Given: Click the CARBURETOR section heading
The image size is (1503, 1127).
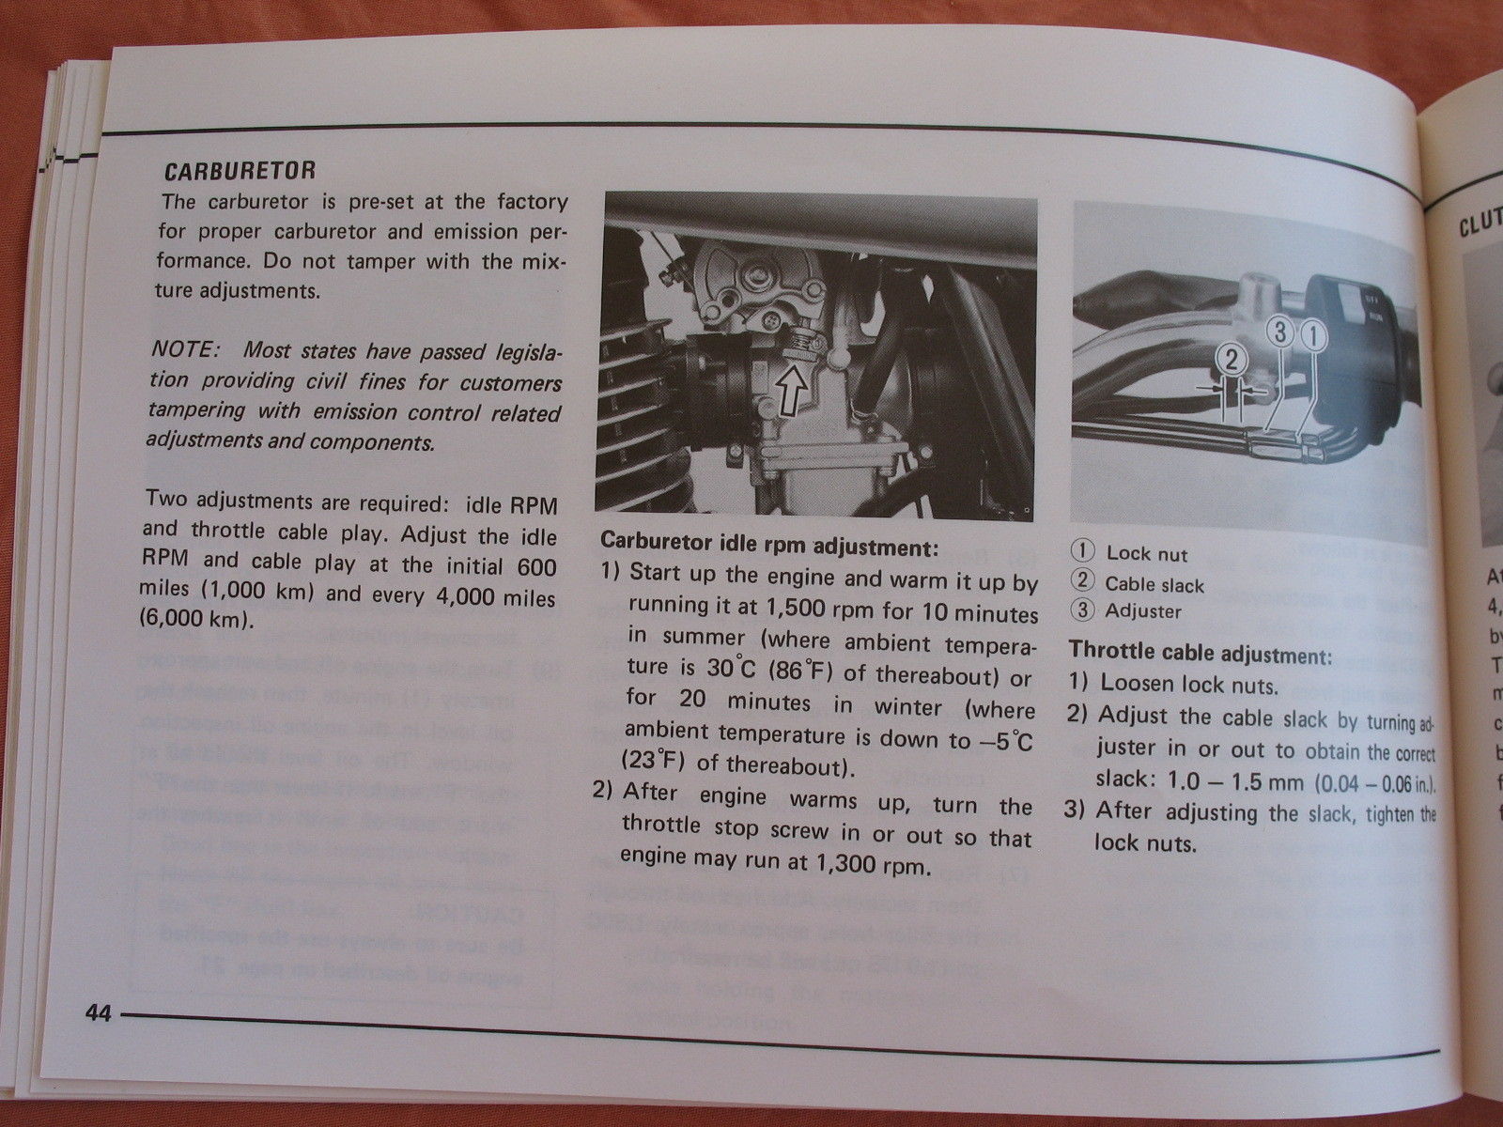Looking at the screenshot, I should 239,172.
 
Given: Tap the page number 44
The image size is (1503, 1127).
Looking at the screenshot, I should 97,1014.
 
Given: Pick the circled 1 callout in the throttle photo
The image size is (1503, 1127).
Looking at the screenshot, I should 1313,332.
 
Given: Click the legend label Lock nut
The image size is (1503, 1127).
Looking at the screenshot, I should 1146,554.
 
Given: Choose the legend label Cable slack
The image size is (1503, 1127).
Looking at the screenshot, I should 1154,584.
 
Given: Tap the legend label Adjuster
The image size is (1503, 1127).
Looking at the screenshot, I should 1143,611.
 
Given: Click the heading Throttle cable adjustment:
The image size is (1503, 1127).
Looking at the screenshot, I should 1201,652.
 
